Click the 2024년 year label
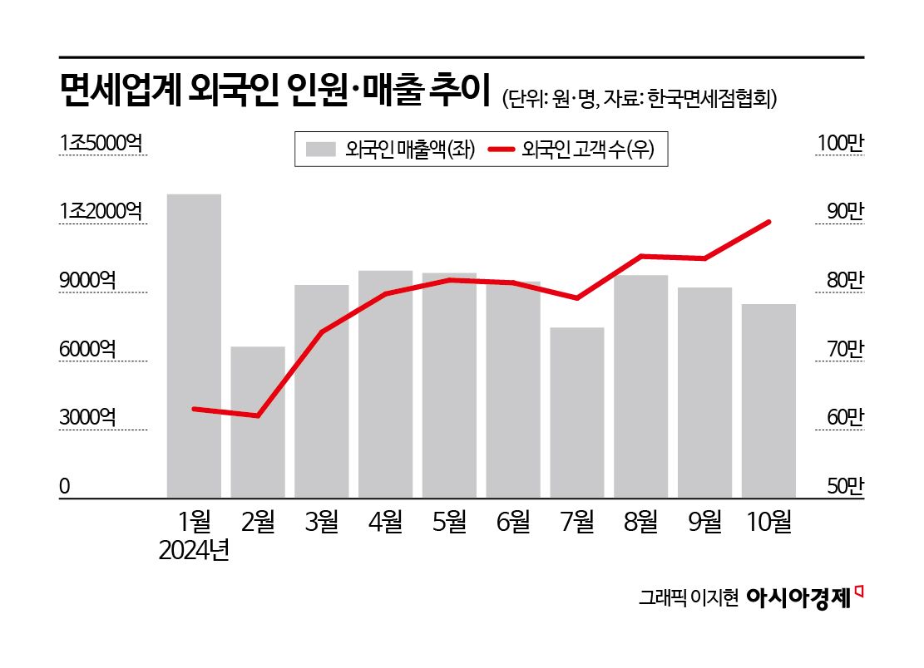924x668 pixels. tap(195, 551)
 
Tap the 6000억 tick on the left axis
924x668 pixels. tap(87, 350)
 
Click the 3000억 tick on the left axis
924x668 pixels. tap(87, 418)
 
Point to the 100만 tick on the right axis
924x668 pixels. tap(841, 144)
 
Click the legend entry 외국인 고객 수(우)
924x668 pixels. tap(574, 150)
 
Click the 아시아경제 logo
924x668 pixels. tap(801, 597)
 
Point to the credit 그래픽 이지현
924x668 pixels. tap(688, 598)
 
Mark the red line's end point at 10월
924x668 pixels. tap(768, 222)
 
